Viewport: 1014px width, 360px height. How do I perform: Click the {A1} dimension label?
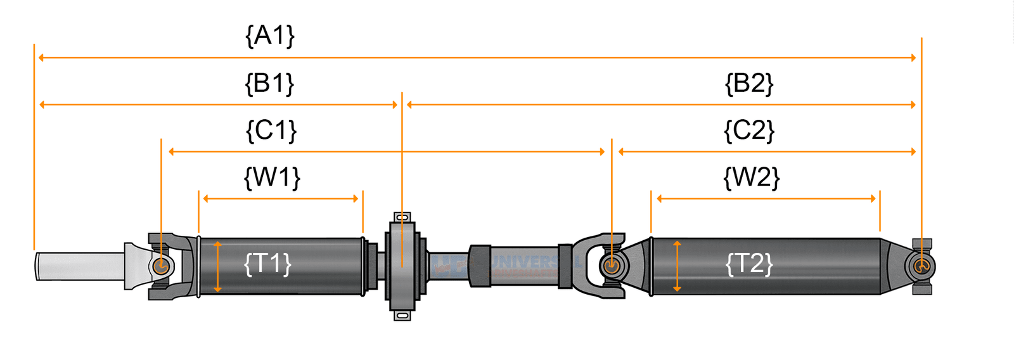[x=270, y=35]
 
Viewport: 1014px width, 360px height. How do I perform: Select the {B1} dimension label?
[x=269, y=84]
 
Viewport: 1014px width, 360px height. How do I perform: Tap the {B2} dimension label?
[x=749, y=84]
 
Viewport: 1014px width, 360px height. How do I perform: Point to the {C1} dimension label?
[x=271, y=131]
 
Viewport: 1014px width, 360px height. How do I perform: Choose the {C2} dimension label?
[x=749, y=131]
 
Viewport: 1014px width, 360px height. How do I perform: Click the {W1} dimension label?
[x=272, y=177]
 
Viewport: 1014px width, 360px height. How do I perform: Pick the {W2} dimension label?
[x=751, y=177]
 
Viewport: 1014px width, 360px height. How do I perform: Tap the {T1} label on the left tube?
[x=267, y=264]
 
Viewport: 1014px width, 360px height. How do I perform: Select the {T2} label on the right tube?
[x=749, y=264]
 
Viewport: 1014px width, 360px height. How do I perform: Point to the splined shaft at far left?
[x=79, y=266]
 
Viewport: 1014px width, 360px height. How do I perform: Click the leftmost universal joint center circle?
[x=161, y=266]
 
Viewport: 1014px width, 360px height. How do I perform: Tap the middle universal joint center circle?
[x=611, y=266]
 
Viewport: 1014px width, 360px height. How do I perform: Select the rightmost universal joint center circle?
[x=921, y=266]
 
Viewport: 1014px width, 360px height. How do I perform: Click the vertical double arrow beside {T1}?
[x=217, y=266]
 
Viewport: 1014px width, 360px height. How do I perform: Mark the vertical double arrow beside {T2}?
[x=677, y=266]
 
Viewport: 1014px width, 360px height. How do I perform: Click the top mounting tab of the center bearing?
[x=402, y=217]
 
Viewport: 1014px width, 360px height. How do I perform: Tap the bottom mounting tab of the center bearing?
[x=402, y=315]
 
